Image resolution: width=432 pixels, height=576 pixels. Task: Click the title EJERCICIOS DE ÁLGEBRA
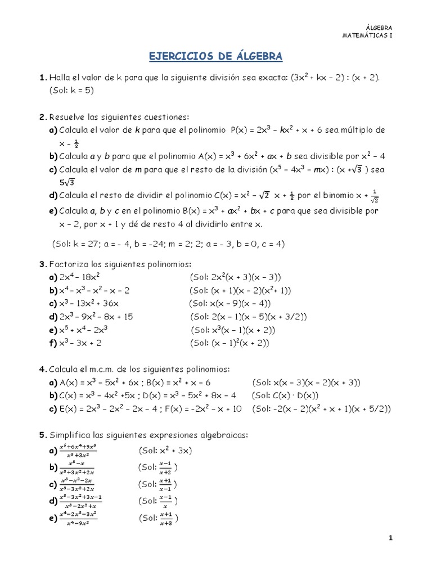pyautogui.click(x=215, y=57)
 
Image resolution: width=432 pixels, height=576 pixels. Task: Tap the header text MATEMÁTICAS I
pyautogui.click(x=367, y=35)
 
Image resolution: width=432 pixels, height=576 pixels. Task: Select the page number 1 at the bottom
pyautogui.click(x=391, y=538)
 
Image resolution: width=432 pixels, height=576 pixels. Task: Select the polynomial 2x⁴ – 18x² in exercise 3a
pyautogui.click(x=80, y=277)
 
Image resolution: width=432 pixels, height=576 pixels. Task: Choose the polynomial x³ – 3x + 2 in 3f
pyautogui.click(x=80, y=343)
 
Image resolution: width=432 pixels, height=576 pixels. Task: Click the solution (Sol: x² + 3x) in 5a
pyautogui.click(x=165, y=451)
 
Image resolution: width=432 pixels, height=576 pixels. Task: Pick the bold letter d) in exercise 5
pyautogui.click(x=53, y=501)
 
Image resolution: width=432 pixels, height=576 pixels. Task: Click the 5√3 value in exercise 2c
pyautogui.click(x=68, y=182)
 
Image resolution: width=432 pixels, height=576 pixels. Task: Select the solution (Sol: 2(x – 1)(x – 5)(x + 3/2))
pyautogui.click(x=248, y=317)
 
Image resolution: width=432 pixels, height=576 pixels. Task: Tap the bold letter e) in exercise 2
pyautogui.click(x=53, y=211)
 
